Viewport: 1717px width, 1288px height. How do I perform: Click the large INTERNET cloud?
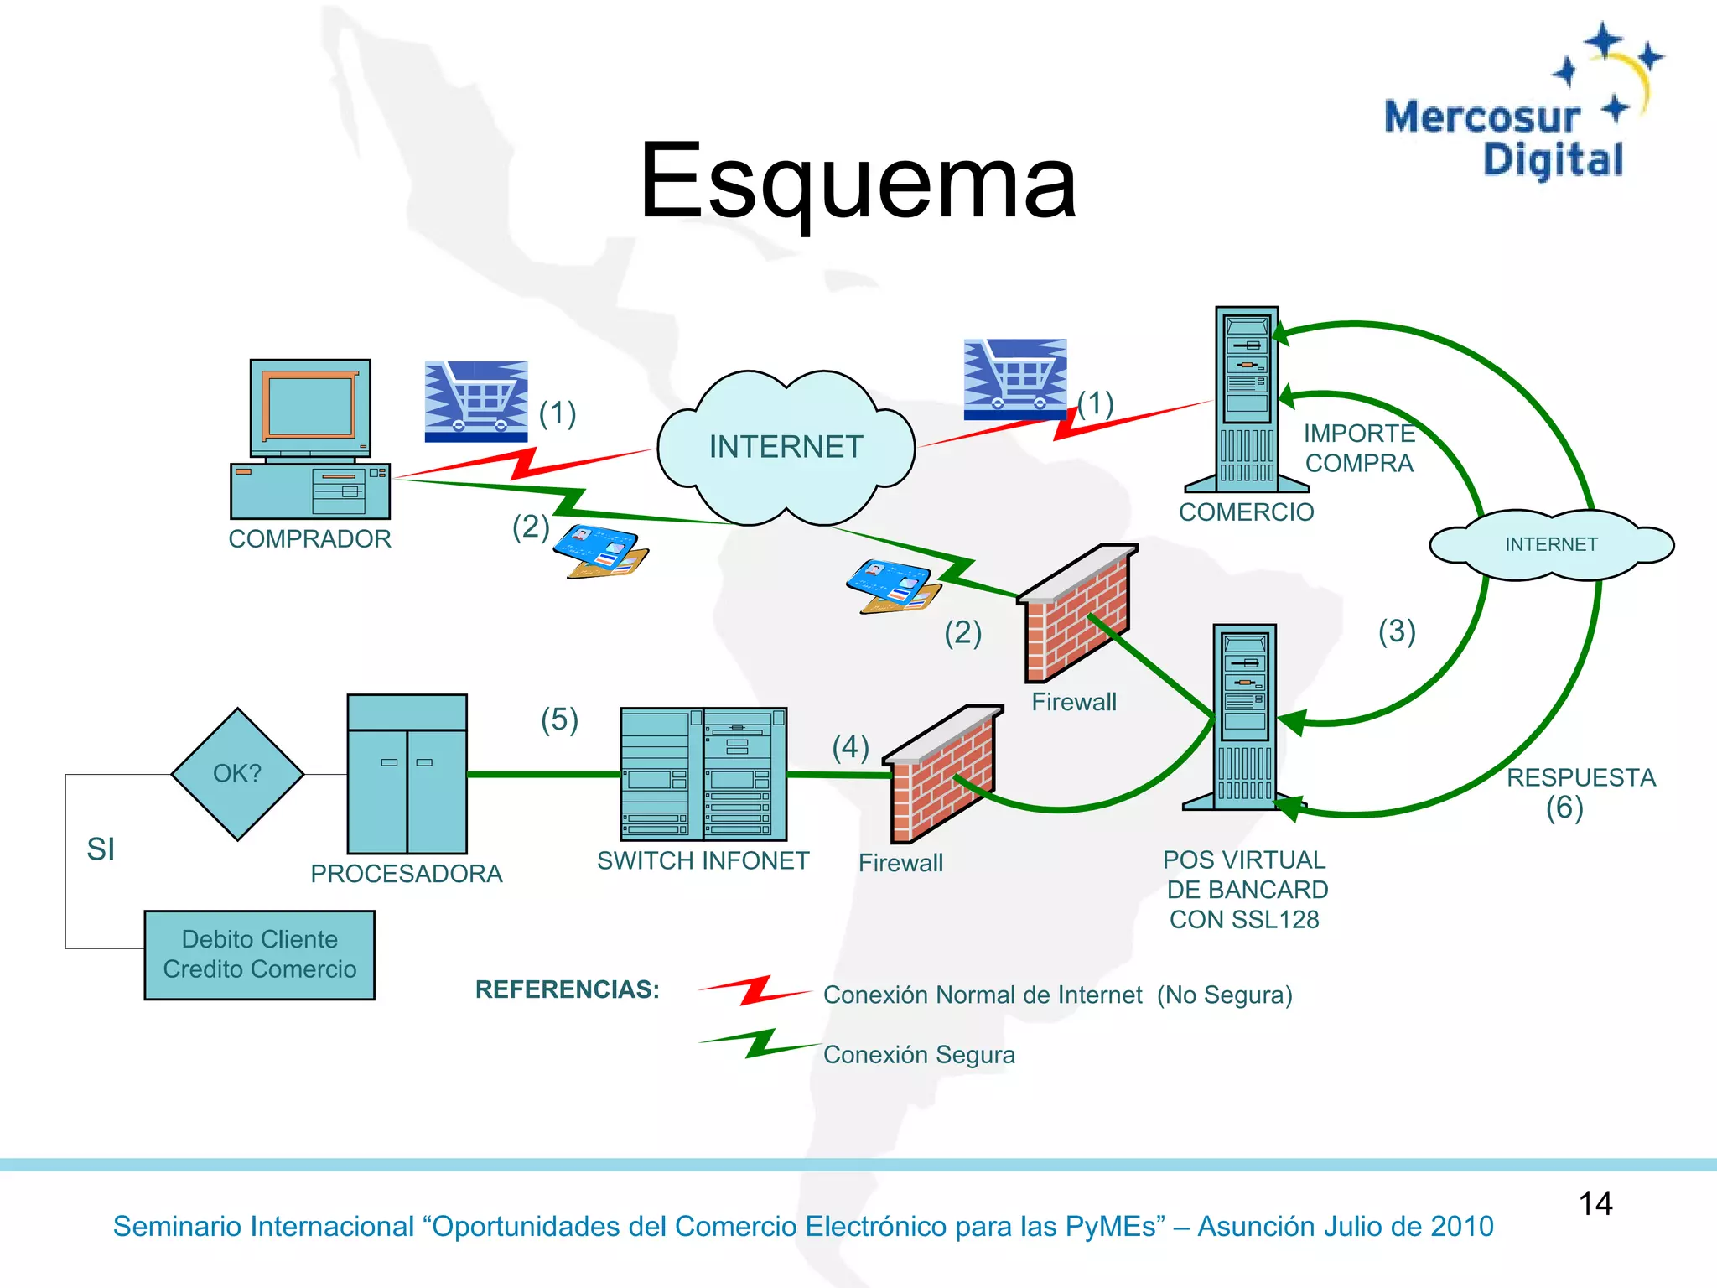(x=786, y=446)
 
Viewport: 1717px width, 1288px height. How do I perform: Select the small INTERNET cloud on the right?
(x=1551, y=544)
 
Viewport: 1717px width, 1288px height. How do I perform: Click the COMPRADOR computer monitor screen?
(x=310, y=407)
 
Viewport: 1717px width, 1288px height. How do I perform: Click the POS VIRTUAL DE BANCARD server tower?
(x=1245, y=717)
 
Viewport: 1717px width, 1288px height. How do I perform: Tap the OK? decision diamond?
(x=237, y=773)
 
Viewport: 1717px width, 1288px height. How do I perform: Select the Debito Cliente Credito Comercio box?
(x=259, y=954)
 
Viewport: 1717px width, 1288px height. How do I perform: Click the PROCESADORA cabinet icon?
(x=407, y=773)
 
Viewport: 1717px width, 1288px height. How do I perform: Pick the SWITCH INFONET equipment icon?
(x=703, y=773)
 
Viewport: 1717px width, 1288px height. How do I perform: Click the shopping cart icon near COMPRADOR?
(x=475, y=401)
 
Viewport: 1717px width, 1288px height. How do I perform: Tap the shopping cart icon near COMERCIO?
(x=1014, y=379)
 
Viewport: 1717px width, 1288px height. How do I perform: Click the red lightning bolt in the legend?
(x=755, y=990)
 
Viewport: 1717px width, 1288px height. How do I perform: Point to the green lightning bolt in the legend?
(x=760, y=1044)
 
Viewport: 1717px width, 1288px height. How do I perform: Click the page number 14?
(x=1595, y=1203)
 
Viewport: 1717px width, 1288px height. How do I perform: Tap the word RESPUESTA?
(x=1580, y=777)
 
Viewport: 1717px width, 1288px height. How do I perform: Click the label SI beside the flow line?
(x=101, y=849)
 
